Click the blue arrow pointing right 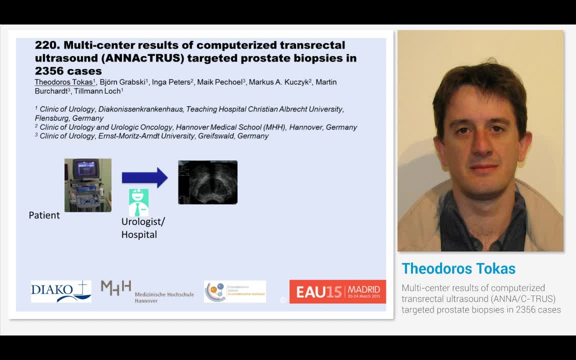(x=144, y=177)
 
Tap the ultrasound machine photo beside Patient (x=88, y=185)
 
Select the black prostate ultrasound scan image (x=207, y=182)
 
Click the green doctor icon (x=138, y=202)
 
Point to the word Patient (x=44, y=215)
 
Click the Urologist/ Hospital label (x=143, y=228)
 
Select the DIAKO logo (x=61, y=291)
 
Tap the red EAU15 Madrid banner (x=337, y=291)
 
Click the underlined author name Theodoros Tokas (x=63, y=82)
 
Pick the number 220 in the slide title (x=45, y=45)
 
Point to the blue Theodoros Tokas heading (x=458, y=268)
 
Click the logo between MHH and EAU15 (x=234, y=291)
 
